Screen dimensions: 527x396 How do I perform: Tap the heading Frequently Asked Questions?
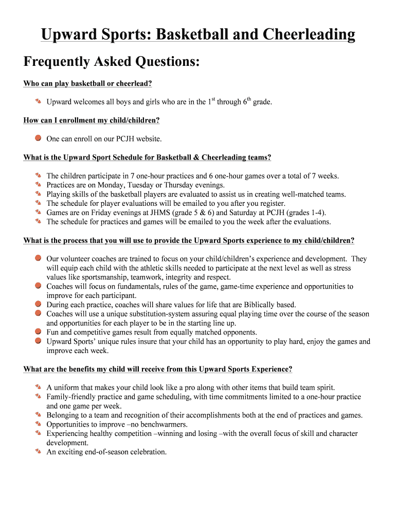[x=112, y=62]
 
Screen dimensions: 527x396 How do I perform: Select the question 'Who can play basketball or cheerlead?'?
[x=87, y=83]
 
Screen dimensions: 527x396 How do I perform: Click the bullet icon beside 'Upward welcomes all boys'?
[x=38, y=101]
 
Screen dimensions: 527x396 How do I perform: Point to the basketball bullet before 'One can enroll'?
[x=38, y=138]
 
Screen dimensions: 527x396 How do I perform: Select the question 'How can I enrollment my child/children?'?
[x=92, y=120]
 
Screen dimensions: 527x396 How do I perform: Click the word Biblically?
[x=249, y=305]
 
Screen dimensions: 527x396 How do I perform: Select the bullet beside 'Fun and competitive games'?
[x=38, y=332]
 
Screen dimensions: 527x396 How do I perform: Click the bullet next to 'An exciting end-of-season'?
[x=38, y=452]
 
